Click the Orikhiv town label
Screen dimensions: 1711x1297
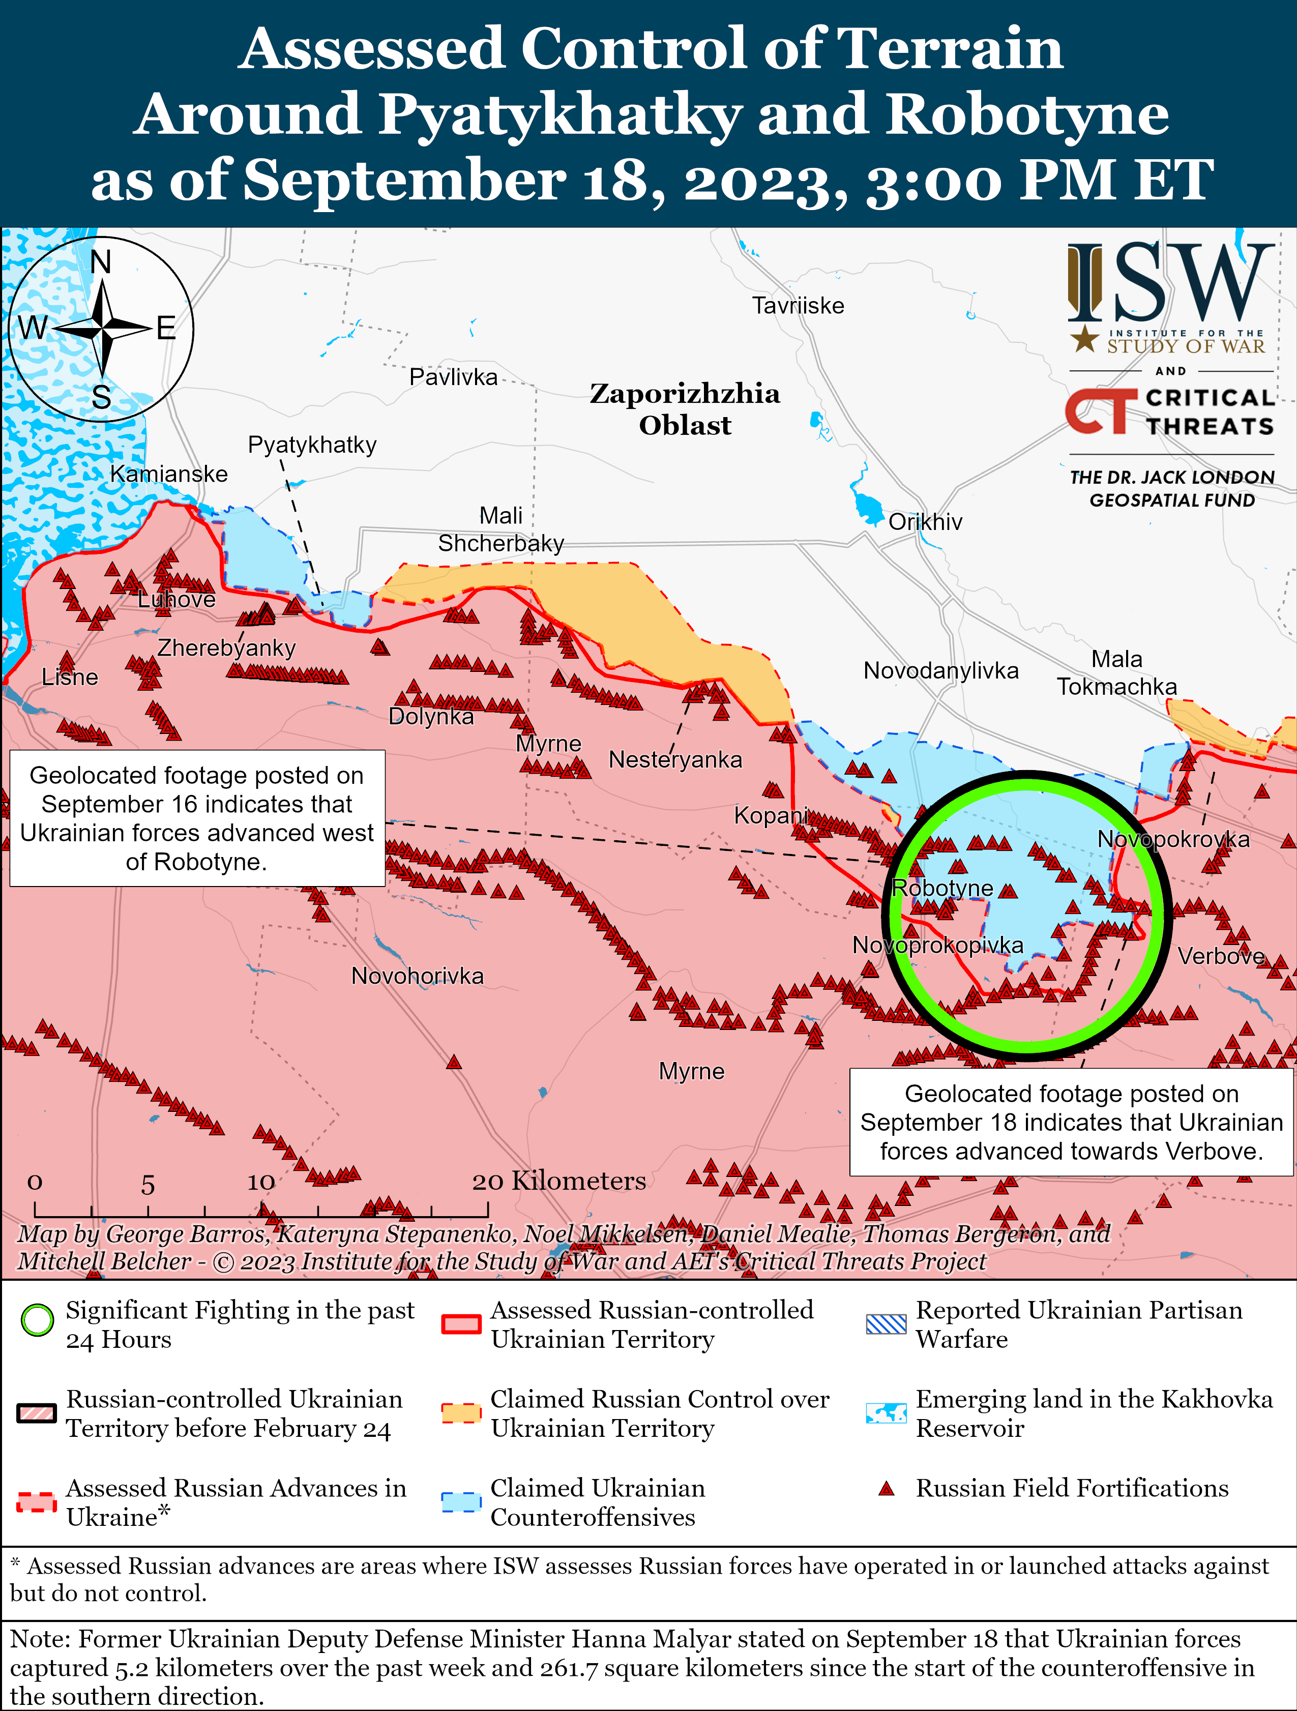[x=925, y=522]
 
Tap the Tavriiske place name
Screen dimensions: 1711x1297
[x=798, y=306]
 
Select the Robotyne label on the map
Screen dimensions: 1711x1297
[x=942, y=888]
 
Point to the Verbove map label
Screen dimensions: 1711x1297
[x=1220, y=956]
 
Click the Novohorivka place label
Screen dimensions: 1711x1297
[x=417, y=976]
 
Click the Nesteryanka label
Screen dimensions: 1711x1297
[x=675, y=759]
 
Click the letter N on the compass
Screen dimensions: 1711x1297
[x=101, y=262]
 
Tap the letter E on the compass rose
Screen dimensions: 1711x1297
[x=165, y=329]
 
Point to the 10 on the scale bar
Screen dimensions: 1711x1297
[x=260, y=1183]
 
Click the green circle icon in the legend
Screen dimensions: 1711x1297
[x=37, y=1320]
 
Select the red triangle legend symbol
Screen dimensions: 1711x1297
[x=887, y=1489]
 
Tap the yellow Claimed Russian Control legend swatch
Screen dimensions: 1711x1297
[x=461, y=1412]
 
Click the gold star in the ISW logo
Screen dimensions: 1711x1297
[x=1085, y=338]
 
